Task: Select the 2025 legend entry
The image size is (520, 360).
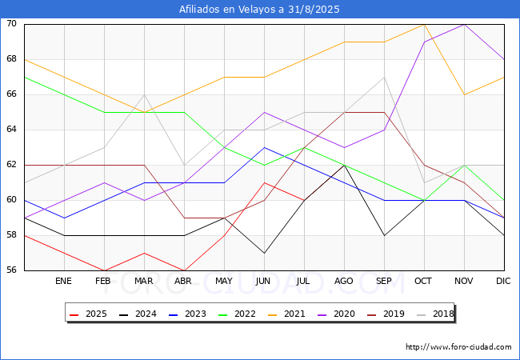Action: [x=89, y=314]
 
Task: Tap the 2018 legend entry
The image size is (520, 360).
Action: [x=435, y=314]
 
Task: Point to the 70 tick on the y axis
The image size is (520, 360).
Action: [x=11, y=23]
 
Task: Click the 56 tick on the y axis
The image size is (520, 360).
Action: [x=11, y=270]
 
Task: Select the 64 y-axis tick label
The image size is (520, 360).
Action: [x=11, y=130]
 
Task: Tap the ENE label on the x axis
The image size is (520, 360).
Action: [x=63, y=281]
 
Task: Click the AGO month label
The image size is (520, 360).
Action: [x=343, y=281]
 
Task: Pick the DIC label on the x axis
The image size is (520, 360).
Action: [x=503, y=281]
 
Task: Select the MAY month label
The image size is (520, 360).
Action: [x=224, y=281]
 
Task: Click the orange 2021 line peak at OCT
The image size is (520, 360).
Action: [x=425, y=25]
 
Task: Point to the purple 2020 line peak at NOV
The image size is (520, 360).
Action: [x=464, y=25]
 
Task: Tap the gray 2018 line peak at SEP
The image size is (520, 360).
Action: [x=384, y=78]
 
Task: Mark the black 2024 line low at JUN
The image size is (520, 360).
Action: [x=264, y=253]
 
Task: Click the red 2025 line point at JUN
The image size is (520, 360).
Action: [x=264, y=182]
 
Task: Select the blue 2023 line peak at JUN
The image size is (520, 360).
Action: [x=264, y=147]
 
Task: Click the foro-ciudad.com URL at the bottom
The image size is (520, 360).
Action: [x=458, y=347]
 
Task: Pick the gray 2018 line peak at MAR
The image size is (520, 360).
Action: [x=144, y=95]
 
